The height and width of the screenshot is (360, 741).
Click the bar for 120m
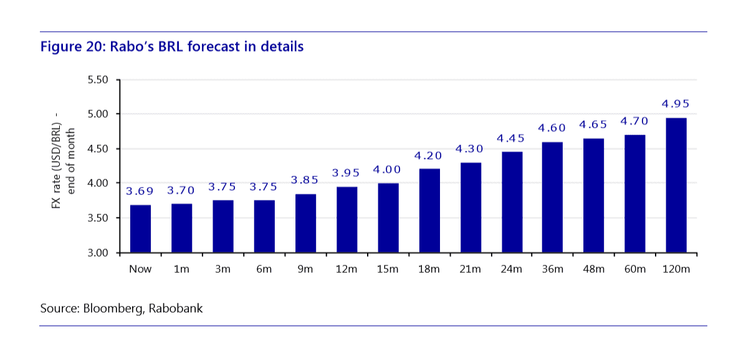click(x=676, y=185)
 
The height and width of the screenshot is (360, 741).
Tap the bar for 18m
click(x=429, y=211)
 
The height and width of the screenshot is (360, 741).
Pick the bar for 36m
click(x=553, y=197)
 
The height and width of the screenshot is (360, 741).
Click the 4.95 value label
click(x=676, y=104)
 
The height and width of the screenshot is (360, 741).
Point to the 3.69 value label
click(x=140, y=191)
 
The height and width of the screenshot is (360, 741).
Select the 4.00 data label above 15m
click(x=388, y=169)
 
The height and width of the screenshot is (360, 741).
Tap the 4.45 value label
click(x=512, y=138)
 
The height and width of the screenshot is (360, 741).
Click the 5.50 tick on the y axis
click(x=97, y=80)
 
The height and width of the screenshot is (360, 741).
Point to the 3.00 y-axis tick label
click(x=97, y=253)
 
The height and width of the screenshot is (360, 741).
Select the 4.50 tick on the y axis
click(x=97, y=149)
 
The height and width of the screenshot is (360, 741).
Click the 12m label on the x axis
click(x=347, y=269)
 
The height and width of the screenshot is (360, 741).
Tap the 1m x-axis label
click(x=181, y=269)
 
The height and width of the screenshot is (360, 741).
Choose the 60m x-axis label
click(x=635, y=269)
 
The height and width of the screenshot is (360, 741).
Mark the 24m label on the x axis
click(x=512, y=269)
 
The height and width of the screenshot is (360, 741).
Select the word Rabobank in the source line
click(x=176, y=308)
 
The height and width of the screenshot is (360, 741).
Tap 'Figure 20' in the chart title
click(x=68, y=47)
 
